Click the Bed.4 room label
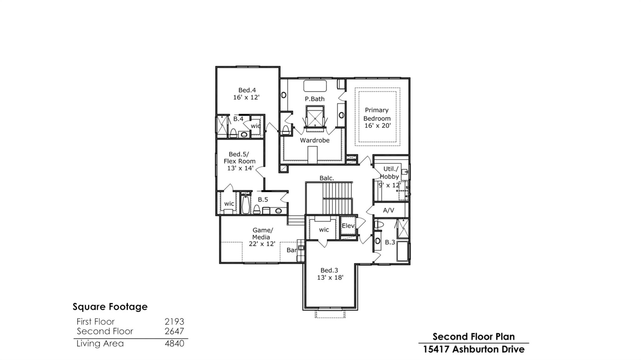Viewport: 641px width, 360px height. [247, 90]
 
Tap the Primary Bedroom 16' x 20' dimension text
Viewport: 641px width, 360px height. [377, 126]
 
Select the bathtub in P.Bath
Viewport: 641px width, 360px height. [315, 86]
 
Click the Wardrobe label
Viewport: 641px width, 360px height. [315, 140]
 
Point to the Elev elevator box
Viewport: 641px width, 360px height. [348, 226]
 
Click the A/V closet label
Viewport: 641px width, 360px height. [388, 210]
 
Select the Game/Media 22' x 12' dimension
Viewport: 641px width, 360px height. [262, 244]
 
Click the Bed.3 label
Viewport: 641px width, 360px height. [329, 270]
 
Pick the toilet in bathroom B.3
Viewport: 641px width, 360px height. [379, 225]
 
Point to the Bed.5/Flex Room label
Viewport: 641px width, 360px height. [239, 158]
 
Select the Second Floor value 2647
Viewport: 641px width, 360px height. [174, 331]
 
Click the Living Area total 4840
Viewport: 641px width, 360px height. [174, 343]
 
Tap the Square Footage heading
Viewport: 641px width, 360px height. [110, 307]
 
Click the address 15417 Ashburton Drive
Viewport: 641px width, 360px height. [474, 349]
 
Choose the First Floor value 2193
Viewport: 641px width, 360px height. [174, 322]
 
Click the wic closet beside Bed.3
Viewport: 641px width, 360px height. [324, 230]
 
